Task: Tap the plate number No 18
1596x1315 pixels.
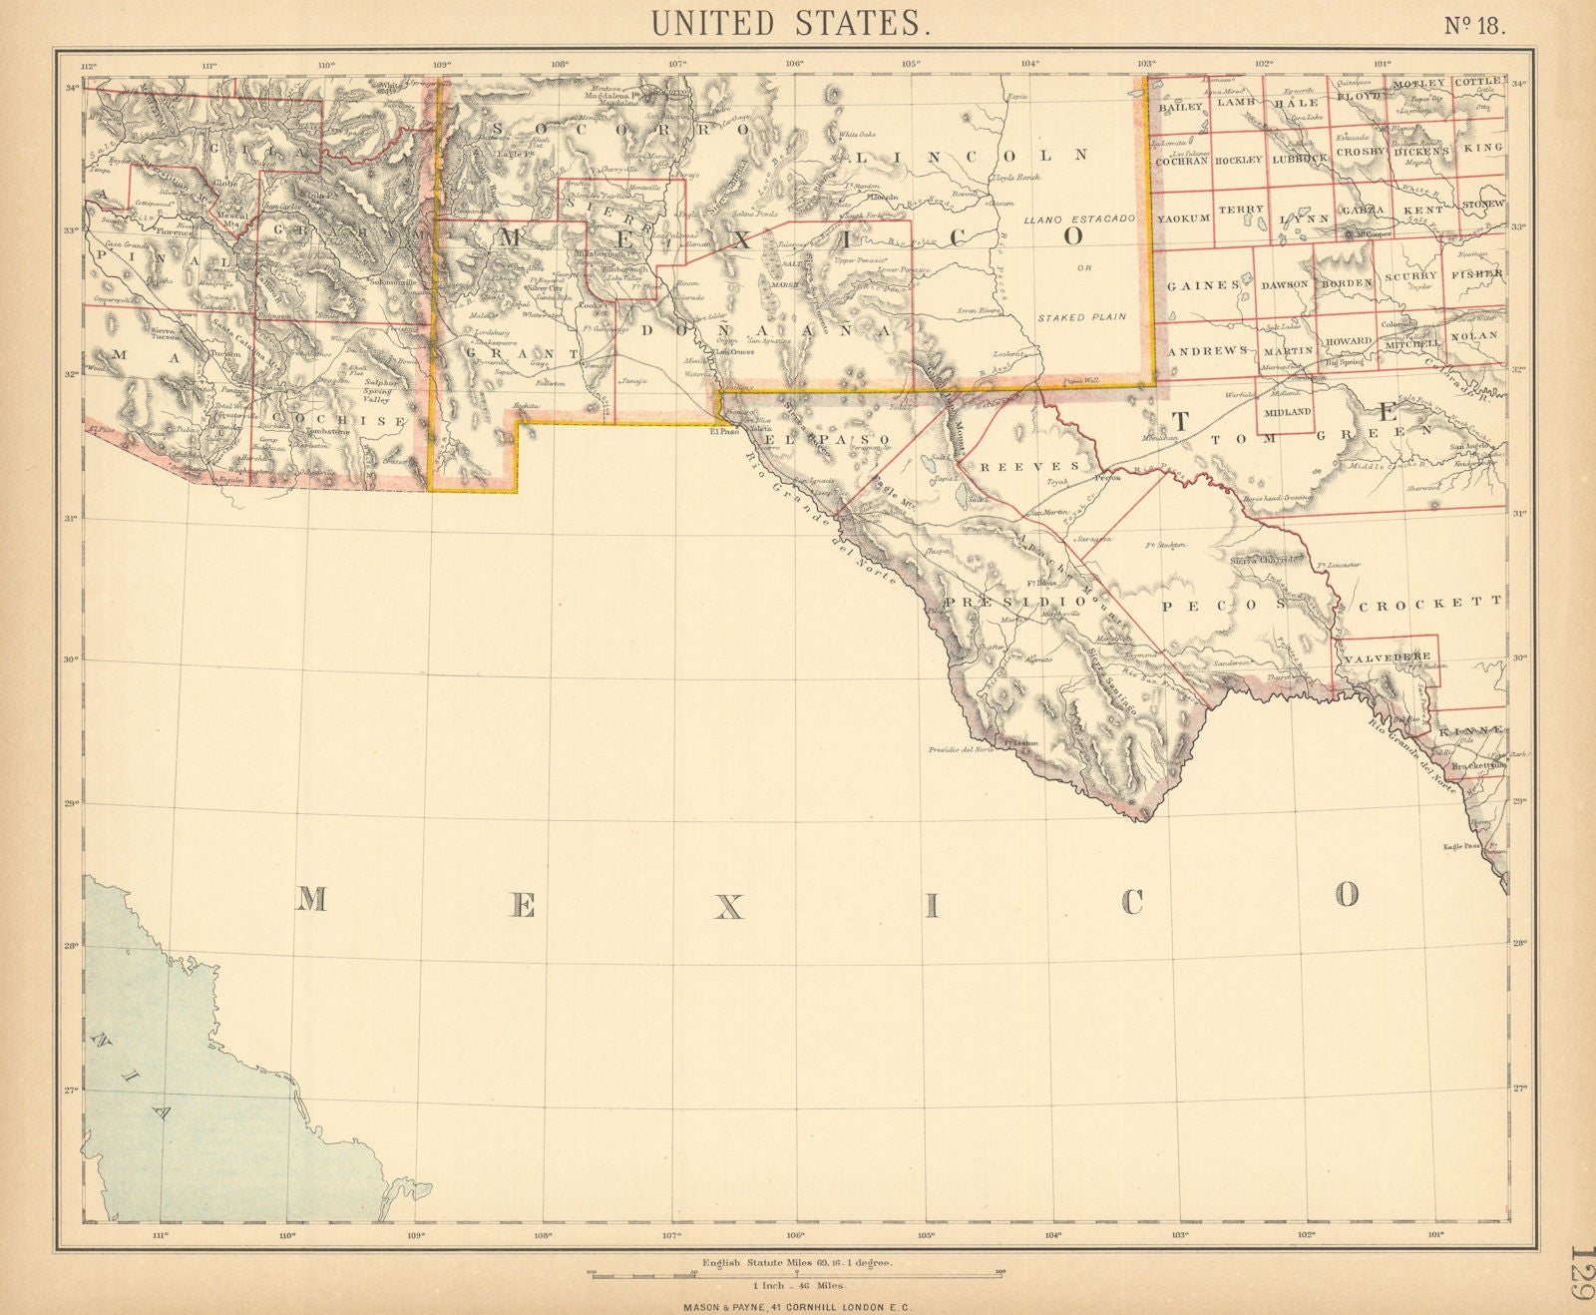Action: click(1476, 25)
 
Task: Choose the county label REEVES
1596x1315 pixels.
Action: click(1032, 466)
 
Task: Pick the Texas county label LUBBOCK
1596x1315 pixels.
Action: click(1300, 158)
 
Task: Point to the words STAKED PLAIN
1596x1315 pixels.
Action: click(1081, 316)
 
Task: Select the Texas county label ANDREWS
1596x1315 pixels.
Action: click(1208, 351)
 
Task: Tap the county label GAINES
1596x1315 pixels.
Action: click(1203, 285)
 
